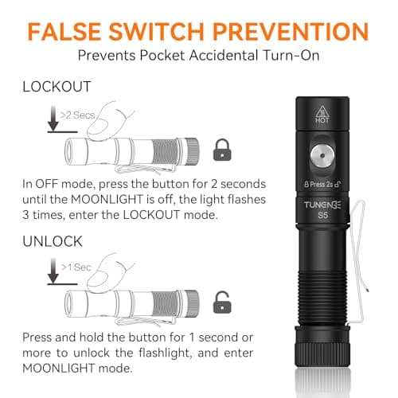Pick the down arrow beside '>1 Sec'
[x=51, y=272]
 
